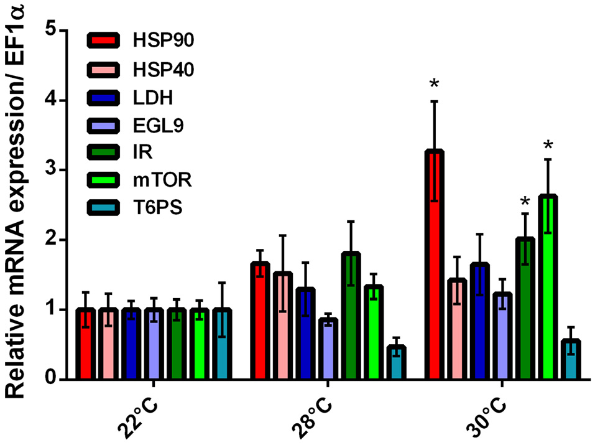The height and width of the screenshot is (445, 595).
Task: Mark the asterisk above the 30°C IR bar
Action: pyautogui.click(x=525, y=201)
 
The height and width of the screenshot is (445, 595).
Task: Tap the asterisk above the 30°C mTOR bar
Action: pyautogui.click(x=548, y=146)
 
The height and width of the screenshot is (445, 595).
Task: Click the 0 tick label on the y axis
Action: pyautogui.click(x=52, y=380)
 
